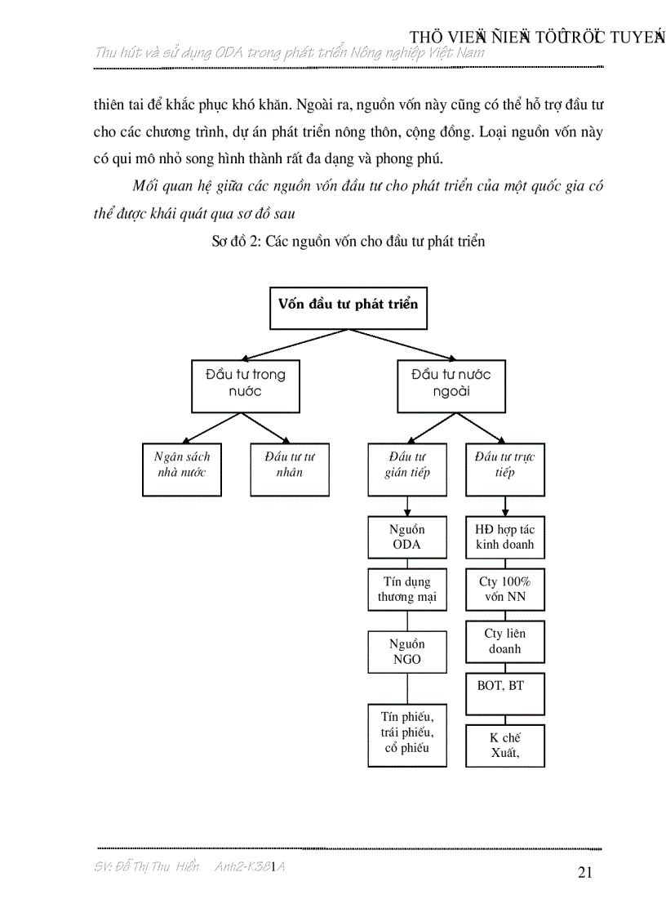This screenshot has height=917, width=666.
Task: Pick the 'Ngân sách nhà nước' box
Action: [x=182, y=470]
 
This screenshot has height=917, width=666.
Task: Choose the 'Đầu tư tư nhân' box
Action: [x=290, y=470]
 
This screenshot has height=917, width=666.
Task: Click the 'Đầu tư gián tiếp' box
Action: [x=407, y=470]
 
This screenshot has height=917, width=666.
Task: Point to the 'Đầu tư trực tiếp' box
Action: [x=505, y=470]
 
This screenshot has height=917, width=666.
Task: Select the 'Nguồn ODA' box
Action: [x=407, y=537]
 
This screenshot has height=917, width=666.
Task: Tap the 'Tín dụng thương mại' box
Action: [x=407, y=590]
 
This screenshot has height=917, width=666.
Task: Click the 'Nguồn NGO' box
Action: [x=407, y=651]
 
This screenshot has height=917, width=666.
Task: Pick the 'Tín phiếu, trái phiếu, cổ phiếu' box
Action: [x=407, y=735]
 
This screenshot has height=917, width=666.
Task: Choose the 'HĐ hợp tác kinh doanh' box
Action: [x=505, y=537]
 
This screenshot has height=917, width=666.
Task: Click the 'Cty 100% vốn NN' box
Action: [x=505, y=590]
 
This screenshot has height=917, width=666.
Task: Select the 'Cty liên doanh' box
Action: [x=505, y=642]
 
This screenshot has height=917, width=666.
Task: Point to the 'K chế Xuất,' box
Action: [x=505, y=745]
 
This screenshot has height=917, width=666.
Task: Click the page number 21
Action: [x=584, y=872]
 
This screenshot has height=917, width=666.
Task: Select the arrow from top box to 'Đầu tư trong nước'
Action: [x=295, y=344]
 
